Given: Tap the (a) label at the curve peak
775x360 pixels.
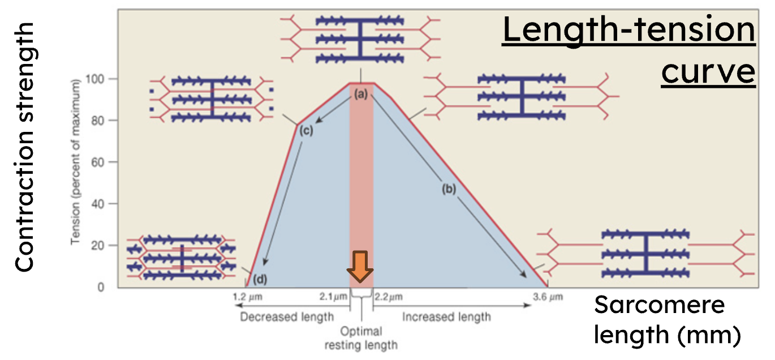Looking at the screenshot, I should (361, 95).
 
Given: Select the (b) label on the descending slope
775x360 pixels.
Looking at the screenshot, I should (449, 190).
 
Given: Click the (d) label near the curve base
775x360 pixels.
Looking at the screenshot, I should (260, 278).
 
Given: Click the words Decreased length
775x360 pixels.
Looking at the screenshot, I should (287, 316).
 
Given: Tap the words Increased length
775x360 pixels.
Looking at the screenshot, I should (446, 316).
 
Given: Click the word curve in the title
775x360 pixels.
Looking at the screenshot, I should (708, 72).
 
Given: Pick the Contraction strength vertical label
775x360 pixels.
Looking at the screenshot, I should (24, 147).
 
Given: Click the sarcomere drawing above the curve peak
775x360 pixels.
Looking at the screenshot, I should (360, 38).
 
